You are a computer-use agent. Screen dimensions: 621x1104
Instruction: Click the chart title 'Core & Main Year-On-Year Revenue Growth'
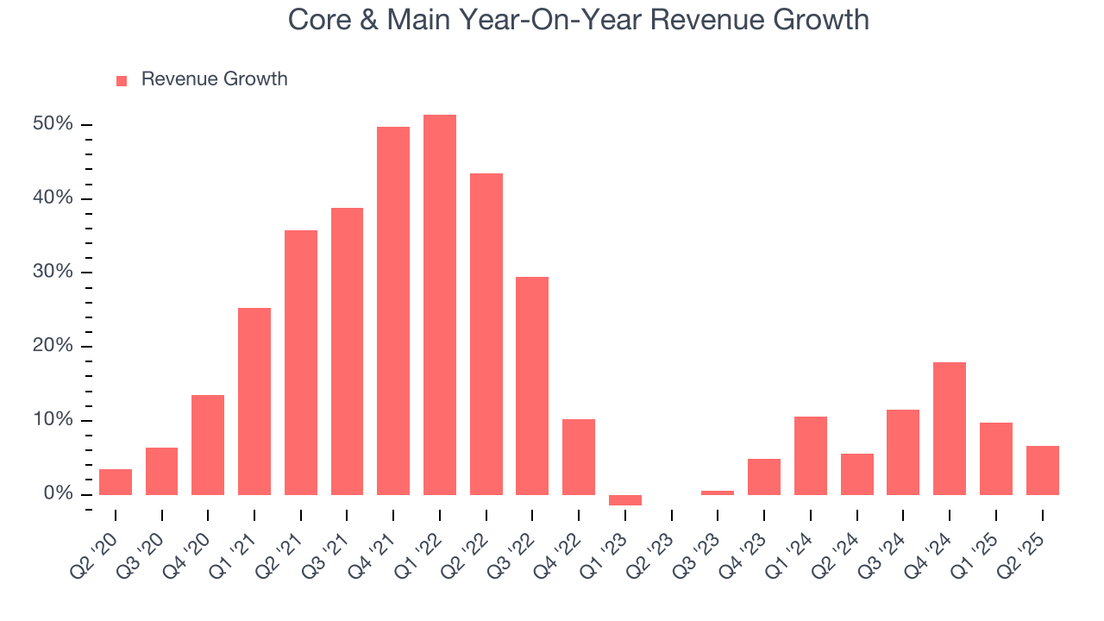[x=578, y=20]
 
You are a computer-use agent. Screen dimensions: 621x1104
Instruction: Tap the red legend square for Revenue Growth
[x=122, y=80]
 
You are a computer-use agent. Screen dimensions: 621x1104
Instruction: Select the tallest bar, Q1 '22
[x=440, y=304]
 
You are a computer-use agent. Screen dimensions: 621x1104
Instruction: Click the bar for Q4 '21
[x=393, y=310]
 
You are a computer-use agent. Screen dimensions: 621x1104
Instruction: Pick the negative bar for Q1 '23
[x=625, y=500]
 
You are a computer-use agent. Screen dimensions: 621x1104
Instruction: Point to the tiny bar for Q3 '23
[x=718, y=492]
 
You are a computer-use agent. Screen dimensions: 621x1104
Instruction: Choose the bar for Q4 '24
[x=950, y=429]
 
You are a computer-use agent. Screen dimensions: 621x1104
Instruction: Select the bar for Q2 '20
[x=116, y=482]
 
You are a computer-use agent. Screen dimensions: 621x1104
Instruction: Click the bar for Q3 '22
[x=532, y=386]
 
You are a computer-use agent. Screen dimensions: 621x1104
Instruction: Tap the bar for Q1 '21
[x=254, y=401]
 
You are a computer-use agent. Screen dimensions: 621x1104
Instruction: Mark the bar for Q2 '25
[x=1042, y=470]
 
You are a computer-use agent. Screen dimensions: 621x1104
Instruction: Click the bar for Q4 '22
[x=579, y=457]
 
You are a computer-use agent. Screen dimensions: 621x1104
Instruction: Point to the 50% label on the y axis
[x=53, y=124]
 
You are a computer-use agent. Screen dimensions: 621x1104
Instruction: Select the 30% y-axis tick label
[x=53, y=273]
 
